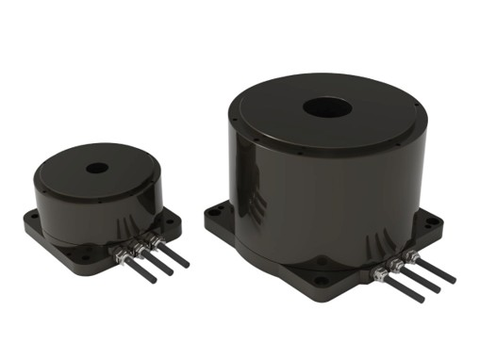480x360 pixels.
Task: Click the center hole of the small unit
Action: coord(96,169)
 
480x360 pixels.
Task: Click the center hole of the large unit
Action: coord(327,106)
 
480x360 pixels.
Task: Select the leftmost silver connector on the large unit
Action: coord(380,274)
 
